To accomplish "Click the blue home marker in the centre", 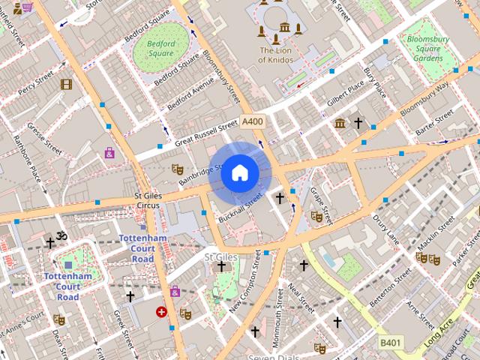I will tap(240, 173).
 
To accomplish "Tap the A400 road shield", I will tap(253, 121).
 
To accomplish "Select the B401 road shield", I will tap(389, 343).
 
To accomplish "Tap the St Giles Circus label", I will tap(147, 200).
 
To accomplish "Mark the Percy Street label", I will tap(36, 83).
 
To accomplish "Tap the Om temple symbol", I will tap(62, 236).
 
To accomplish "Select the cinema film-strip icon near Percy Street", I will tap(66, 85).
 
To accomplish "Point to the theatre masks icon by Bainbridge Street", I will tap(177, 169).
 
